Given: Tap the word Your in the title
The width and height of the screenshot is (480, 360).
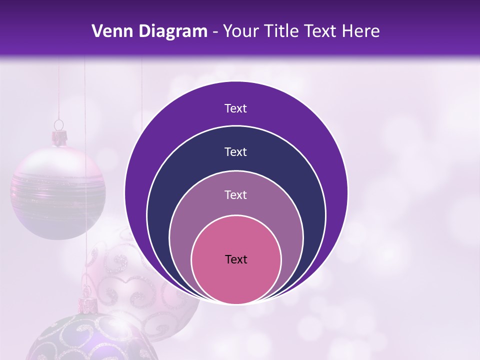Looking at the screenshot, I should click(x=240, y=31).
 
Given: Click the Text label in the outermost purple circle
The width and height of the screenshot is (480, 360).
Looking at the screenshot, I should click(x=236, y=108).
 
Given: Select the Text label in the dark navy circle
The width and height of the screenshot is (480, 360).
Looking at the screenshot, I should click(x=236, y=151).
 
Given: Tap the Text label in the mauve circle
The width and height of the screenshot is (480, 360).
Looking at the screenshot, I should click(x=236, y=194).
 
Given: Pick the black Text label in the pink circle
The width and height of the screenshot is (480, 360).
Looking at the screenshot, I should click(x=236, y=259).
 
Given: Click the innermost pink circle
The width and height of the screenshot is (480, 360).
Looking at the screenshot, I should click(x=236, y=280).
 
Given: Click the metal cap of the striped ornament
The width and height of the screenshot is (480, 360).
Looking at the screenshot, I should click(x=60, y=137).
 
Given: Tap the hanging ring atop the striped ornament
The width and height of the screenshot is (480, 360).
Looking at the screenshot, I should click(x=59, y=124).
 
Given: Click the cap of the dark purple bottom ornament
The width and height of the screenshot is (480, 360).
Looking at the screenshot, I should click(x=88, y=304).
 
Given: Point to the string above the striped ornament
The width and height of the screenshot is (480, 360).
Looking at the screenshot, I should click(x=59, y=90).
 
